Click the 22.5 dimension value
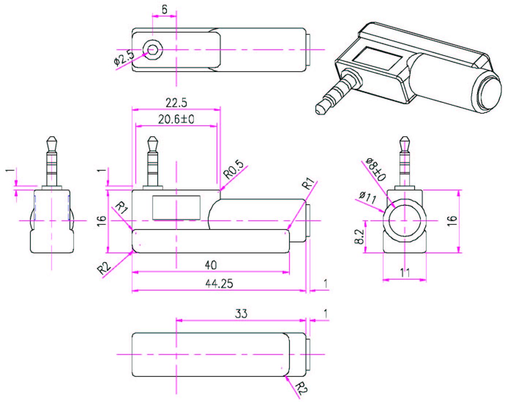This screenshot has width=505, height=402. (176, 103)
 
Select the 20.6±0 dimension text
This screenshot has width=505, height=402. (176, 119)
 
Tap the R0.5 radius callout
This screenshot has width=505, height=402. (234, 170)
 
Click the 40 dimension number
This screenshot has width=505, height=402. (211, 265)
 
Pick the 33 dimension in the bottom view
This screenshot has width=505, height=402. (241, 313)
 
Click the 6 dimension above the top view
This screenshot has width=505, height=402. (164, 10)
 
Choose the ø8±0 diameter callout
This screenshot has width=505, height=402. (376, 170)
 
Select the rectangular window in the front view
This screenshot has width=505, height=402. (176, 208)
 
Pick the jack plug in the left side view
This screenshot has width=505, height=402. (52, 161)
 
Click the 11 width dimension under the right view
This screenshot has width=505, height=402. (405, 273)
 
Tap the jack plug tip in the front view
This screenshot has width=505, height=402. (152, 140)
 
